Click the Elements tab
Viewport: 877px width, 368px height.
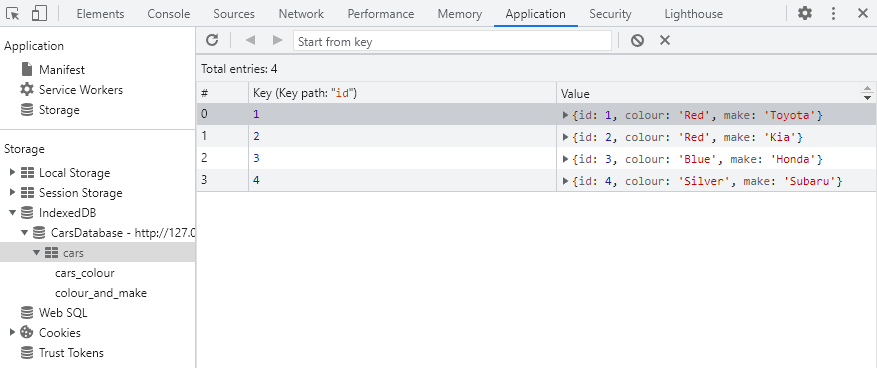click(x=99, y=14)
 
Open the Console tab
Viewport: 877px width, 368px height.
click(x=169, y=14)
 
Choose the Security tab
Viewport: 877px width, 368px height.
click(x=610, y=14)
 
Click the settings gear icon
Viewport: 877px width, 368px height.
click(x=805, y=14)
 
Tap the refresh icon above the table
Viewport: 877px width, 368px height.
click(x=212, y=40)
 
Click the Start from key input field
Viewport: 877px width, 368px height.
click(x=452, y=41)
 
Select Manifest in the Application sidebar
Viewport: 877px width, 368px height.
click(x=61, y=70)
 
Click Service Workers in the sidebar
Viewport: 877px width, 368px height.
click(x=80, y=90)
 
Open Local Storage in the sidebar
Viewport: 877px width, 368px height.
click(x=74, y=173)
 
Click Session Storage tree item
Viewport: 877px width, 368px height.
click(x=80, y=193)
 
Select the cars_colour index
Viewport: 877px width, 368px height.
click(x=84, y=273)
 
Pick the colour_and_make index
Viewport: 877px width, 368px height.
click(x=101, y=293)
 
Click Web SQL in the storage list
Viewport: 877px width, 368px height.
click(x=62, y=313)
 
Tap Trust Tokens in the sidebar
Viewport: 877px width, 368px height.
click(x=70, y=353)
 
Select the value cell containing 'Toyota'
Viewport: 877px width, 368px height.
click(x=697, y=115)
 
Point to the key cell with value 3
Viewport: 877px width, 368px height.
click(x=257, y=159)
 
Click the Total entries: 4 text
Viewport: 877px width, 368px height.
click(x=239, y=69)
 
